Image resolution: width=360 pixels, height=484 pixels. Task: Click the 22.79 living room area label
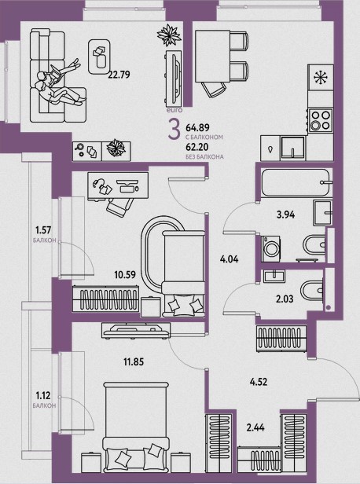pyautogui.click(x=119, y=75)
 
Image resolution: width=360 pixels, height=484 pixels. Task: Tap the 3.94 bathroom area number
pyautogui.click(x=285, y=214)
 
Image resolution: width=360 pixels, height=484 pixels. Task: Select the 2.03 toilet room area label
pyautogui.click(x=285, y=299)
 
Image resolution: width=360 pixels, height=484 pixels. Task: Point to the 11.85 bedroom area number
pyautogui.click(x=134, y=361)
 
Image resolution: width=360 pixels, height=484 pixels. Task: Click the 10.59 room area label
pyautogui.click(x=125, y=274)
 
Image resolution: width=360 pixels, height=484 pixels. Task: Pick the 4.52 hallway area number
pyautogui.click(x=259, y=382)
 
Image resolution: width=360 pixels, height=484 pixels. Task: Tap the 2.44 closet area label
pyautogui.click(x=255, y=427)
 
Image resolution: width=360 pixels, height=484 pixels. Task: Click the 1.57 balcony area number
pyautogui.click(x=43, y=230)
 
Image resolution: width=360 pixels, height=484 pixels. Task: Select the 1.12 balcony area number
pyautogui.click(x=43, y=395)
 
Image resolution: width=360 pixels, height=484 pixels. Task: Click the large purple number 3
pyautogui.click(x=174, y=130)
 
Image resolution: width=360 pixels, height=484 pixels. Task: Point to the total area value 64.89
pyautogui.click(x=197, y=127)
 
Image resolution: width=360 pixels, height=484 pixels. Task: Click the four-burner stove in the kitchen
pyautogui.click(x=321, y=120)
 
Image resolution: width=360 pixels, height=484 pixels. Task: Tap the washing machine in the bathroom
pyautogui.click(x=270, y=247)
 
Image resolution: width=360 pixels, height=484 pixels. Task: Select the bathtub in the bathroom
pyautogui.click(x=296, y=182)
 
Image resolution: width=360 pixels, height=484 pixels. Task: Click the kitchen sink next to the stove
pyautogui.click(x=292, y=148)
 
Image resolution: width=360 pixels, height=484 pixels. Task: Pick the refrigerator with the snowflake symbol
pyautogui.click(x=321, y=77)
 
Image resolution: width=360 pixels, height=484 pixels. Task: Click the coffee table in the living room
pyautogui.click(x=99, y=57)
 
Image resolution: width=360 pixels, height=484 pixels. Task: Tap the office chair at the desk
pyautogui.click(x=119, y=207)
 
